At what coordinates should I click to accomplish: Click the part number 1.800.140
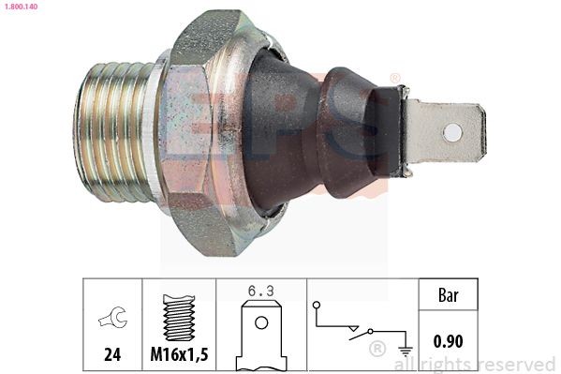point(23,7)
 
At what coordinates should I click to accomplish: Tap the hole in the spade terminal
point(452,132)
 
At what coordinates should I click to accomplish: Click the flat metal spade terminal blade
point(445,132)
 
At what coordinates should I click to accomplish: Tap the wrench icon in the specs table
point(110,320)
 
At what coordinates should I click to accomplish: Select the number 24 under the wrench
point(111,355)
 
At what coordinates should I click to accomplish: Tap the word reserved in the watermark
point(516,363)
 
